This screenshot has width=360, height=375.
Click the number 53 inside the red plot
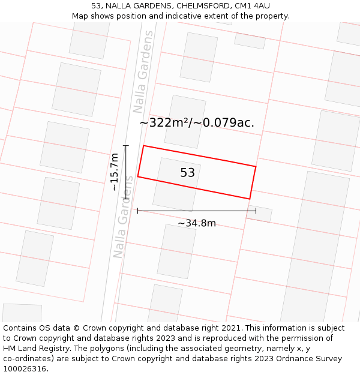click(x=188, y=173)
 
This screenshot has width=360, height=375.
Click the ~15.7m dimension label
click(x=114, y=172)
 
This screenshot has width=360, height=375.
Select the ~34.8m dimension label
click(x=197, y=223)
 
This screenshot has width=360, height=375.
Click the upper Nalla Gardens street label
click(x=143, y=72)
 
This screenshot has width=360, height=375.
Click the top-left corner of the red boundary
click(x=144, y=146)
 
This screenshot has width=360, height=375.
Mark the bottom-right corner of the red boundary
click(x=250, y=199)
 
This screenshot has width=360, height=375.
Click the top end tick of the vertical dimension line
click(x=126, y=145)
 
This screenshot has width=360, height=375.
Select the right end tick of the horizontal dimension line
click(x=256, y=211)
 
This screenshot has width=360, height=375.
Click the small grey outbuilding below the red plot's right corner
click(x=260, y=214)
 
